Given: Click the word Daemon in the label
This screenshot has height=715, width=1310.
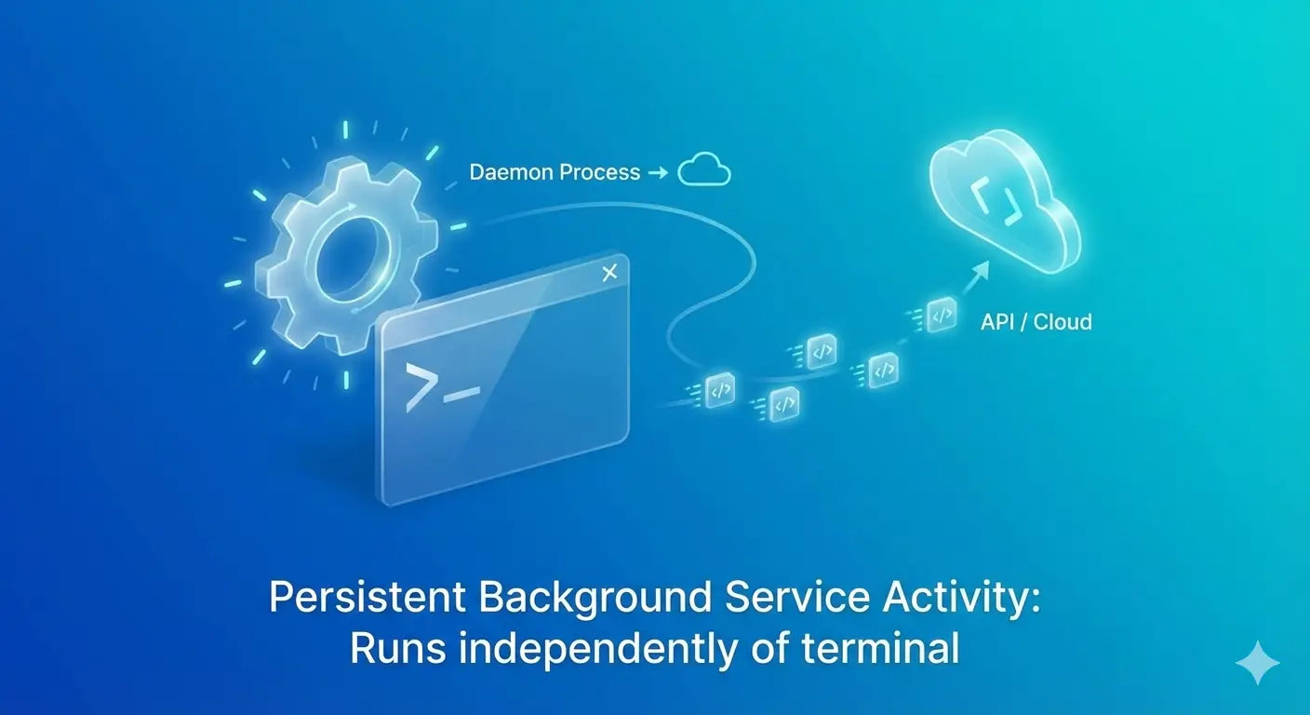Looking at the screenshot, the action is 511,172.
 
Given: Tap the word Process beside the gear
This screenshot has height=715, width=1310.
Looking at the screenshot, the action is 599,172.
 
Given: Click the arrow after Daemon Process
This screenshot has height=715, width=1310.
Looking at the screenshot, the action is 658,172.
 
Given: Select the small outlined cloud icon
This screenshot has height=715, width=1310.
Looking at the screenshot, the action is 704,169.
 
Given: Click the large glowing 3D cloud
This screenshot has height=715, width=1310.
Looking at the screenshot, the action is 1004,200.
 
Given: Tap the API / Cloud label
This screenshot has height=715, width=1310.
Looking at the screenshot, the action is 1036,322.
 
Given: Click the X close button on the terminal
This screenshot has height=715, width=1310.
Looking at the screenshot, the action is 610,272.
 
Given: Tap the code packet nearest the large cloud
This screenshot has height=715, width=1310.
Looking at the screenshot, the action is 942,316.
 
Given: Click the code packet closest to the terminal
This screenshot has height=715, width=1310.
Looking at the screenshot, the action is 720,390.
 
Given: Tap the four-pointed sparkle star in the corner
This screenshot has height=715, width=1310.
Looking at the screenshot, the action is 1257,663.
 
